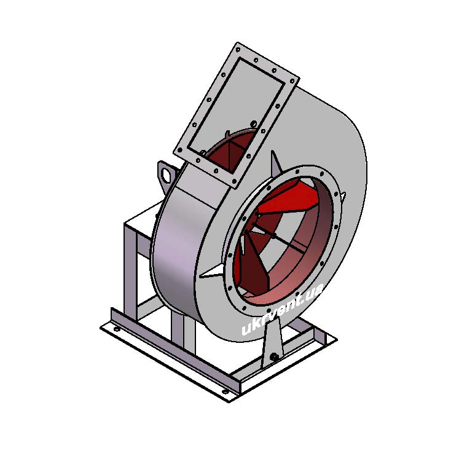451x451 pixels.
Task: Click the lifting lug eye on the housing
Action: click(x=167, y=175)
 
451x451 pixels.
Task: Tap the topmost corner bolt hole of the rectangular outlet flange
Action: click(x=238, y=50)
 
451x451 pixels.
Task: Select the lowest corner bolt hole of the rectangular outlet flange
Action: click(x=235, y=181)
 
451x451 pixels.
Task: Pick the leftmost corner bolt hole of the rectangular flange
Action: click(x=180, y=150)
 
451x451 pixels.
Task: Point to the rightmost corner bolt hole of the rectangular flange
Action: click(x=292, y=81)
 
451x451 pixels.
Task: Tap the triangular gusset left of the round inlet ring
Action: click(x=212, y=271)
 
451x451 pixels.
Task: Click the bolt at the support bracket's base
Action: click(x=275, y=356)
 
